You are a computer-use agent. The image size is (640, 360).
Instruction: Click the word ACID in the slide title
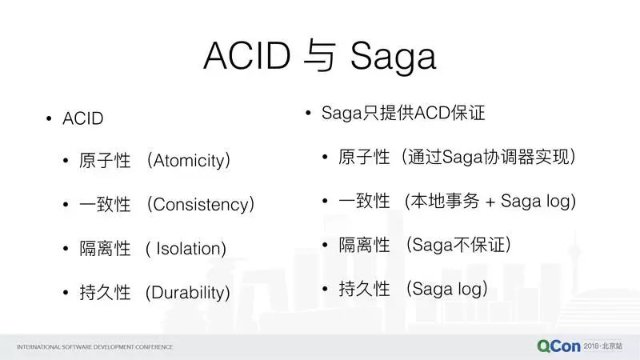pyautogui.click(x=247, y=55)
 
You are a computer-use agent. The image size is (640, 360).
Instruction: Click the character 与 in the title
pyautogui.click(x=320, y=55)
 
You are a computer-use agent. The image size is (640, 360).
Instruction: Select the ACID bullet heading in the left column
pyautogui.click(x=83, y=118)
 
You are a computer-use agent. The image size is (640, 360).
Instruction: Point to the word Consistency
pyautogui.click(x=201, y=205)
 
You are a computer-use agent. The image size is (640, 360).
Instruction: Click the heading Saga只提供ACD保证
pyautogui.click(x=403, y=113)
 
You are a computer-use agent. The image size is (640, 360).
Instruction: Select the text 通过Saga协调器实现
pyautogui.click(x=488, y=157)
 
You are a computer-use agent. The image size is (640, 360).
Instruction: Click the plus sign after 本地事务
pyautogui.click(x=490, y=202)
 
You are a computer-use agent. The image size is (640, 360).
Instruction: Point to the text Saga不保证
pyautogui.click(x=458, y=245)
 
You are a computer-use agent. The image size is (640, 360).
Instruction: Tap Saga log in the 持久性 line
pyautogui.click(x=447, y=289)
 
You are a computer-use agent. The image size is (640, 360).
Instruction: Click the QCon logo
pyautogui.click(x=558, y=346)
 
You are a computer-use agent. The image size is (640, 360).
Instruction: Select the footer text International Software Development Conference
pyautogui.click(x=94, y=347)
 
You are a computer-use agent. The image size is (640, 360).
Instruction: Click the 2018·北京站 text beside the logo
pyautogui.click(x=603, y=346)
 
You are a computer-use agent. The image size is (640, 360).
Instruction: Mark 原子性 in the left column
pyautogui.click(x=105, y=161)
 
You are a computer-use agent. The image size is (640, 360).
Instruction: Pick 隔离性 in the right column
pyautogui.click(x=364, y=245)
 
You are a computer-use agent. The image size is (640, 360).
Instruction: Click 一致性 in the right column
pyautogui.click(x=364, y=201)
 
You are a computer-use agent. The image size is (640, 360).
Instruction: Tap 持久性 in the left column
pyautogui.click(x=105, y=292)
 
